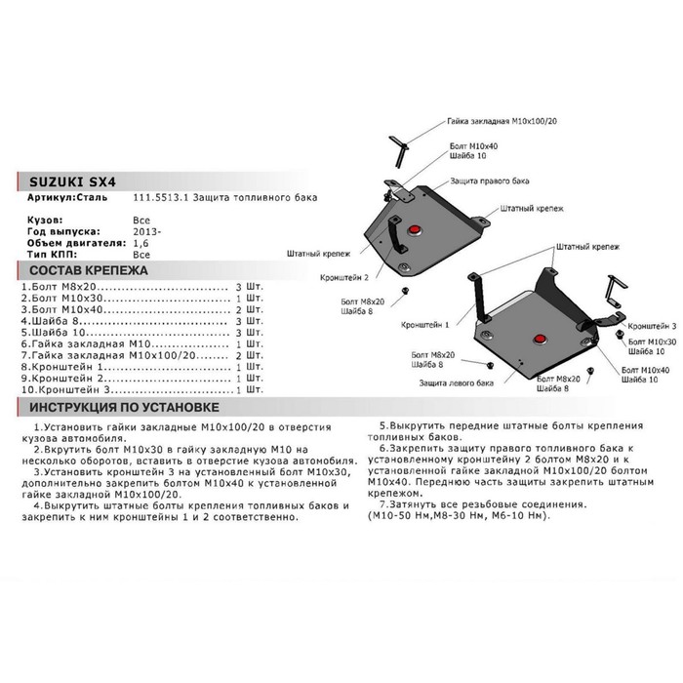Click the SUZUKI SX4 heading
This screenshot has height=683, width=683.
click(x=62, y=181)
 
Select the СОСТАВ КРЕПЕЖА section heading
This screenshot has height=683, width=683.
click(x=88, y=269)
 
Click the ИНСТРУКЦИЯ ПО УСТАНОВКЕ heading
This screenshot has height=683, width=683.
click(x=123, y=408)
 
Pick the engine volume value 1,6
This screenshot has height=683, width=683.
click(x=140, y=243)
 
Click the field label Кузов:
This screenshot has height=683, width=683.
click(x=45, y=221)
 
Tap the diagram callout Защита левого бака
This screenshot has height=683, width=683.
click(x=456, y=384)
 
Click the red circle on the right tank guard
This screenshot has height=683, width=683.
click(x=414, y=230)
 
